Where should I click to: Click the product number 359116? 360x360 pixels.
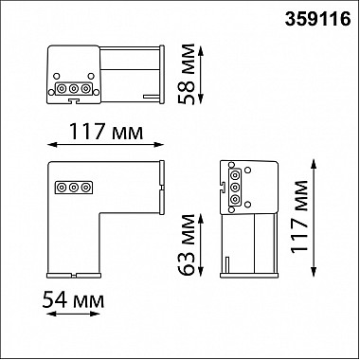coord(317,19)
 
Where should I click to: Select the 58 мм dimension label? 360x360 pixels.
coord(187,75)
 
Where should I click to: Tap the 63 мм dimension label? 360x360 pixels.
coord(187,245)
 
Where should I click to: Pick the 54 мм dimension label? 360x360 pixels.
coord(73,299)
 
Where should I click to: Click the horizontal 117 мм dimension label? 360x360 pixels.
coord(106,131)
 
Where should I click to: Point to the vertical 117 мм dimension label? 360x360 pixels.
coord(299,217)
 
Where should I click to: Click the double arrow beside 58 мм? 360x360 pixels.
coord(201,75)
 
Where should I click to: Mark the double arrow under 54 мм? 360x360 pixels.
coord(73,314)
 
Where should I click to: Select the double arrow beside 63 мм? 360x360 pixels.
coord(201,244)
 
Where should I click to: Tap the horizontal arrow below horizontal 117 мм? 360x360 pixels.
coord(105,145)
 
